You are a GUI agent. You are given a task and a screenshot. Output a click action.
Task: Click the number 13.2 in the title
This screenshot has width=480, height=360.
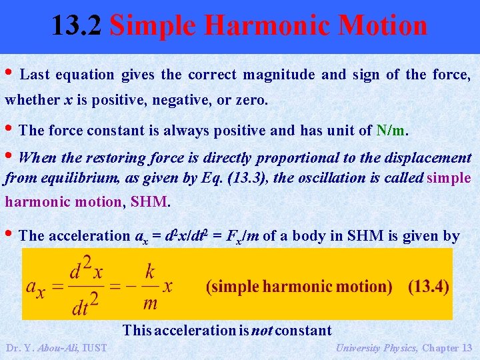[77, 26]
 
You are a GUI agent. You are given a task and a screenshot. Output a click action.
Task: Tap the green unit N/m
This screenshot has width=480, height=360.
[391, 131]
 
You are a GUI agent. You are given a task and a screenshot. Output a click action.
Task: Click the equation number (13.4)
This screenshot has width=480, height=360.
[429, 287]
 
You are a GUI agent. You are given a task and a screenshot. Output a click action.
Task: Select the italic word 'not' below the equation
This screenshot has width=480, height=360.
[262, 330]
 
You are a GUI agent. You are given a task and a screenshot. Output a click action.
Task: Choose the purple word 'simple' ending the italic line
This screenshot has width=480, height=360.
[449, 178]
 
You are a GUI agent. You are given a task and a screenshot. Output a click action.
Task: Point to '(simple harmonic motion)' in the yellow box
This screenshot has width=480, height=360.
[299, 287]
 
